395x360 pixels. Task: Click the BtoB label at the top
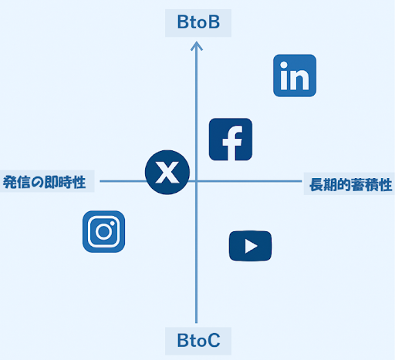point(198,22)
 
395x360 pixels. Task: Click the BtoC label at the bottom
point(198,341)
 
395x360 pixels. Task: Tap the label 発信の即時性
point(44,182)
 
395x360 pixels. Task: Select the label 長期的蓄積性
point(351,184)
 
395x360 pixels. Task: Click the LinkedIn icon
point(295,76)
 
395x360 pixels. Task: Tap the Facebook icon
point(231,140)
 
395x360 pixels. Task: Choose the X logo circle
point(167,172)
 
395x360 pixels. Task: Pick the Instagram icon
point(103,231)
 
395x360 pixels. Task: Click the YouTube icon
point(250,246)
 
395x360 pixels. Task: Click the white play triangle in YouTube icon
point(251,246)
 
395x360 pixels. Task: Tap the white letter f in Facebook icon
point(233,143)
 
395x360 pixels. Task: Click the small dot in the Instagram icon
point(113,224)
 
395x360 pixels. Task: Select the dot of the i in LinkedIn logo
point(284,65)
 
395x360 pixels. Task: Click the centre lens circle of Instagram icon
point(104,231)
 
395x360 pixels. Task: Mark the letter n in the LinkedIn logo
point(299,79)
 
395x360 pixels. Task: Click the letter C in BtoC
point(214,341)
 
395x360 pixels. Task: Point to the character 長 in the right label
point(316,184)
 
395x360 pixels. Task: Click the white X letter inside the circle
point(167,172)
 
